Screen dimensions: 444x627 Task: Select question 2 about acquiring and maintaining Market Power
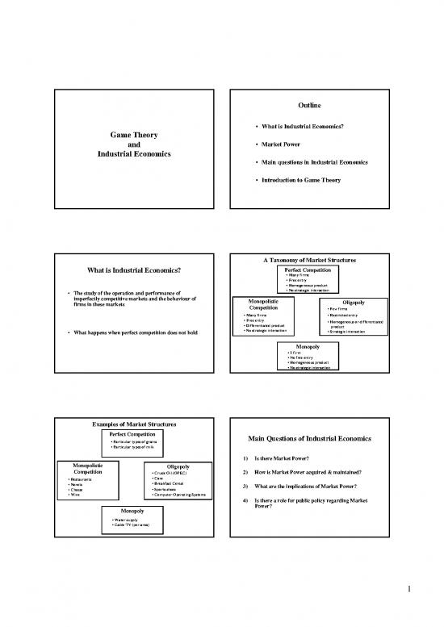[333, 473]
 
